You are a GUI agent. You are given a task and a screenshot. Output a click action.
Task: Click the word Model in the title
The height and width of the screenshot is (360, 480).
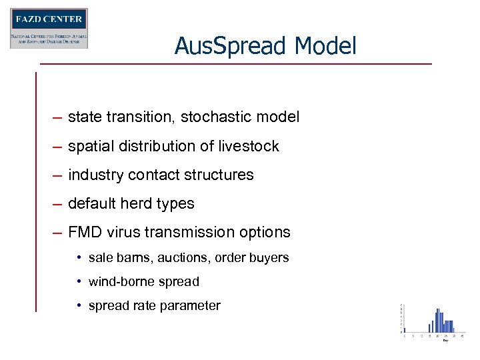(x=327, y=46)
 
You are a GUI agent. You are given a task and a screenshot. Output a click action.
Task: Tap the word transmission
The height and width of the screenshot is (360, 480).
(x=193, y=233)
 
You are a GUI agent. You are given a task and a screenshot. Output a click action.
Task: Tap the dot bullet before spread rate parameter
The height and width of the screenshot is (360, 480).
(x=79, y=306)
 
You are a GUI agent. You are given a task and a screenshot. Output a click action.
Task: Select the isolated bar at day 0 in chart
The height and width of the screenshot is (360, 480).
(x=404, y=329)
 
